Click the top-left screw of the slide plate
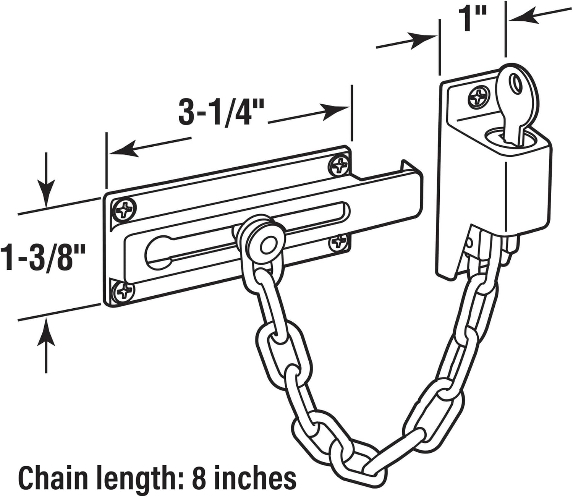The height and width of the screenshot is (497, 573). click(123, 209)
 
